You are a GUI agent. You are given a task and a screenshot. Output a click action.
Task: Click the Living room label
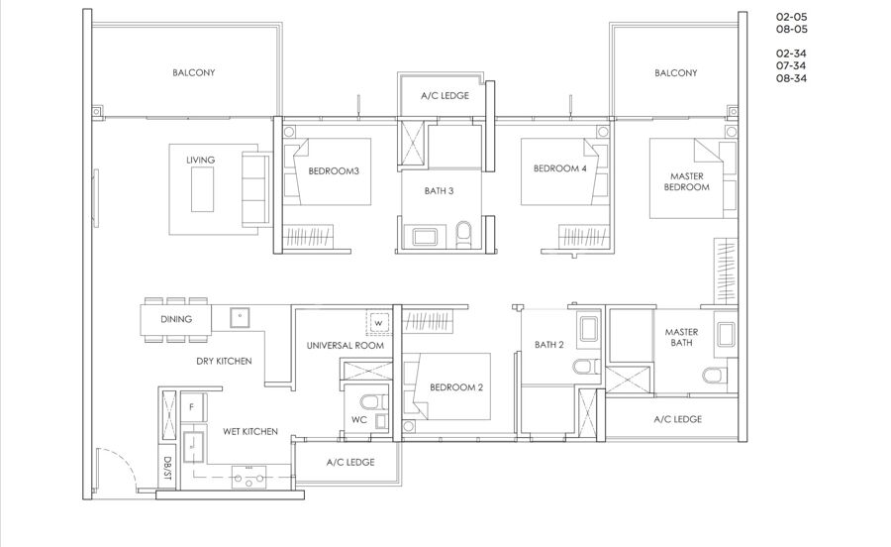(201, 160)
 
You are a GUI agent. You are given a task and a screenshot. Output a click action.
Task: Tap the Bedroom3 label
(334, 170)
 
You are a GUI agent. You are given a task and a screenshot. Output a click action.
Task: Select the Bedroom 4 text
(559, 168)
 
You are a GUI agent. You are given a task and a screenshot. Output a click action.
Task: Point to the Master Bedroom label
(686, 181)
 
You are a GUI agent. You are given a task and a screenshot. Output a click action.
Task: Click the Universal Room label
(345, 345)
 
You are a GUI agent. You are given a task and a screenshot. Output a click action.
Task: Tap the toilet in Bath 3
(463, 234)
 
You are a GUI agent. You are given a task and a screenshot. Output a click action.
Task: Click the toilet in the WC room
(374, 402)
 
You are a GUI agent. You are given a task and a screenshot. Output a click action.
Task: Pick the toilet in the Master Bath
(714, 376)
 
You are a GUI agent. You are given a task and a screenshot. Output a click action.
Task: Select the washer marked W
(378, 323)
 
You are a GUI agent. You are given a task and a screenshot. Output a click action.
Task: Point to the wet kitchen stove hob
(248, 477)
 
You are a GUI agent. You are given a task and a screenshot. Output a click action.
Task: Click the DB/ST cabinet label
(167, 468)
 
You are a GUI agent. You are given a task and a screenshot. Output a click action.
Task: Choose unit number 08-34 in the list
(792, 78)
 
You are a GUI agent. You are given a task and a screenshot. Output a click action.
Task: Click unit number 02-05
(792, 17)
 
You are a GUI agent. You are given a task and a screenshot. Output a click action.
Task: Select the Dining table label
(176, 319)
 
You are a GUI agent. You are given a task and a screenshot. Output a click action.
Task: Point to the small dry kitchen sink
(240, 318)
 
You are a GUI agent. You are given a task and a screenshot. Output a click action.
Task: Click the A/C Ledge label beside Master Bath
(678, 419)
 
